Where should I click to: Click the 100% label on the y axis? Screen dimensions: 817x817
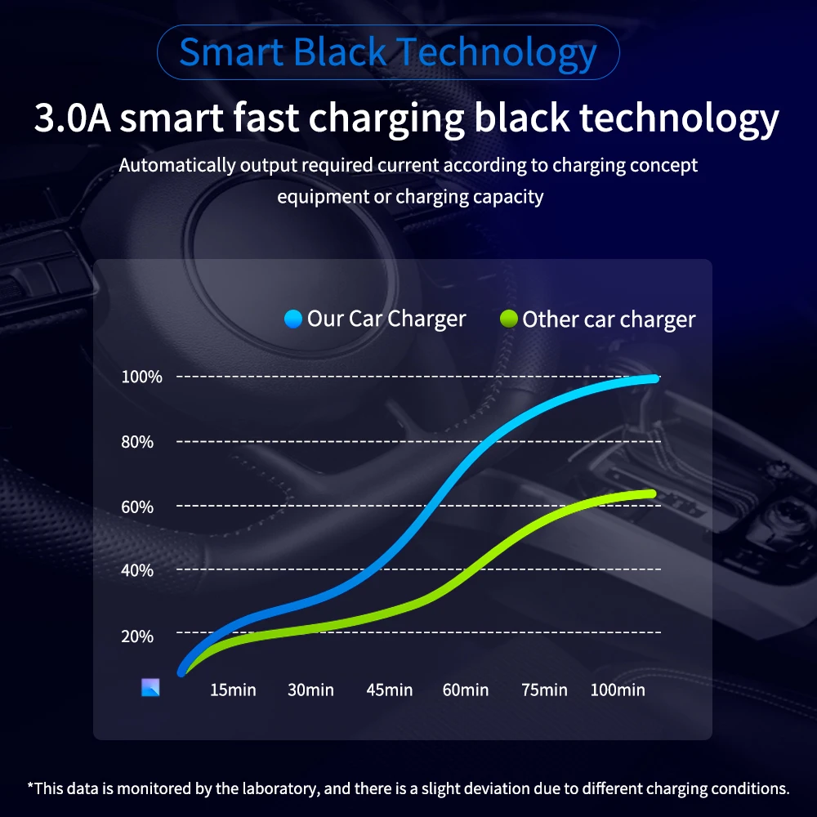(142, 377)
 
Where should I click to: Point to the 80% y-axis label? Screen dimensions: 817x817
(137, 442)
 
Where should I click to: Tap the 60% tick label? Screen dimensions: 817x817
(137, 507)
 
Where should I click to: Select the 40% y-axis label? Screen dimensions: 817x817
(137, 570)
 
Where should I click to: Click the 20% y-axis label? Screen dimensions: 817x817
(137, 636)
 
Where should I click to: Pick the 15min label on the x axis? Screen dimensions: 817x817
(233, 690)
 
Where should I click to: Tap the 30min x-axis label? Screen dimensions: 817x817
(310, 690)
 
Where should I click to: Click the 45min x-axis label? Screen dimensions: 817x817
(389, 690)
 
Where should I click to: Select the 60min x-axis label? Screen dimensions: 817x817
(466, 690)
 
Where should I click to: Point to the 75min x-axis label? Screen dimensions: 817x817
(544, 690)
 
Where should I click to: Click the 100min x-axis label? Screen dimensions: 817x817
(618, 690)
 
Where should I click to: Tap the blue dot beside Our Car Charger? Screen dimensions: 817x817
(293, 319)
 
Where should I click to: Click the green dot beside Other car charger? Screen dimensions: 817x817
(508, 319)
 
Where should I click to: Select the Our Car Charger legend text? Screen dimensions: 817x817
(386, 319)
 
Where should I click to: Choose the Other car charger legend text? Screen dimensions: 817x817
(609, 319)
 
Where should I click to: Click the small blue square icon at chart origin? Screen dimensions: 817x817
(150, 687)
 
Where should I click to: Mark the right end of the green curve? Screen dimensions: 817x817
(652, 493)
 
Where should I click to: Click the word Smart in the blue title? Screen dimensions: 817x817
(231, 52)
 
